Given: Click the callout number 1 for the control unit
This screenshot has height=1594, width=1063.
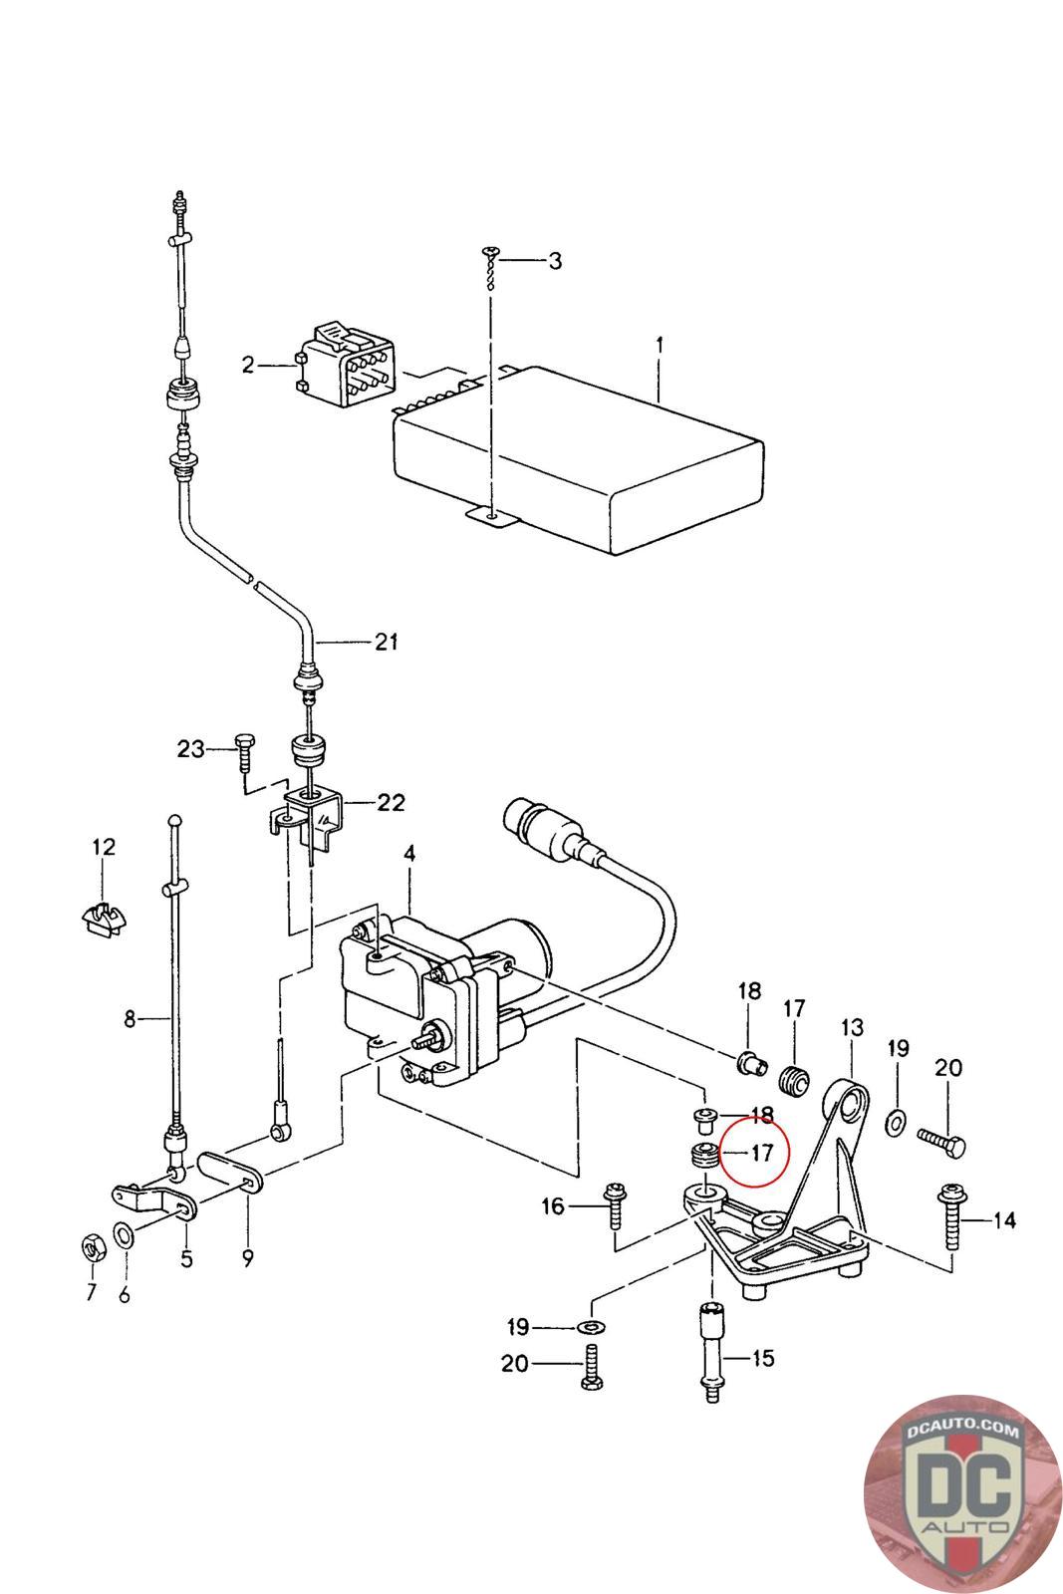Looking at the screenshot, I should click(x=659, y=345).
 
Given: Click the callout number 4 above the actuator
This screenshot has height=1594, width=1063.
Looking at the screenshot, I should click(x=408, y=854).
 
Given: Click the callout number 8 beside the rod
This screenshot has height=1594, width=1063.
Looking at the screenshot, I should click(x=130, y=1019).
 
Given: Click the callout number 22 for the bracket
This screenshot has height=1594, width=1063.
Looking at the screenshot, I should click(x=392, y=802).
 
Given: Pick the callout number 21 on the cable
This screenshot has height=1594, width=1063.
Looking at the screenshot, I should click(x=387, y=643).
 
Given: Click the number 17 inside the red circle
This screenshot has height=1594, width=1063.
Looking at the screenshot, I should click(x=761, y=1154).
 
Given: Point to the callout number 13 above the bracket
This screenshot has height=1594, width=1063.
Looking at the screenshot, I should click(x=853, y=1027).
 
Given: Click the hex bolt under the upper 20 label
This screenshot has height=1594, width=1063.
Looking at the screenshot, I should click(x=939, y=1141).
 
